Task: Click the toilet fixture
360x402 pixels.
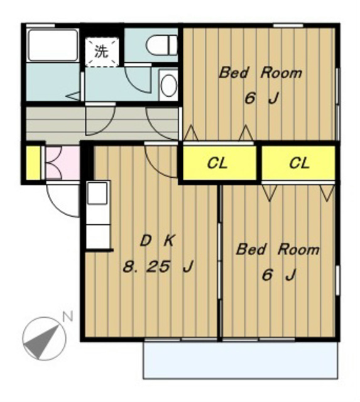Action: tap(162, 45)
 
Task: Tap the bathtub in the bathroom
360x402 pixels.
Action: tap(53, 45)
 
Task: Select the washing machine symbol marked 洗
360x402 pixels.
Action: tap(102, 52)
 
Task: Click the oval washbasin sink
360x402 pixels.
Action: tap(169, 85)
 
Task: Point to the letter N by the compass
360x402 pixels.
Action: tap(68, 317)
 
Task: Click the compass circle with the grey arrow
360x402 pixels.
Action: tap(44, 339)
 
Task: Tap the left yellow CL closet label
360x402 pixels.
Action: tap(217, 163)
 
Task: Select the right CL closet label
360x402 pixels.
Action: tap(300, 163)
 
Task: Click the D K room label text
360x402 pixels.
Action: tap(158, 241)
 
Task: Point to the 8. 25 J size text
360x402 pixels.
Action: tap(158, 266)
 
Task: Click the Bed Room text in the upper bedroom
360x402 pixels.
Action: tap(261, 73)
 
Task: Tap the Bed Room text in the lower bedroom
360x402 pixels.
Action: tap(278, 249)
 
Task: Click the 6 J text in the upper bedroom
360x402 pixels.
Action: tap(261, 99)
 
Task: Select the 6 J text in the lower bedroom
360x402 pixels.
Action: tap(279, 275)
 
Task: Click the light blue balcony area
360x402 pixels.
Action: tap(240, 360)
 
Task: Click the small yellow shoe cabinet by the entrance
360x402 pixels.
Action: tap(33, 163)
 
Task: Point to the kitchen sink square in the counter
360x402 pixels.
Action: tap(97, 193)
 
